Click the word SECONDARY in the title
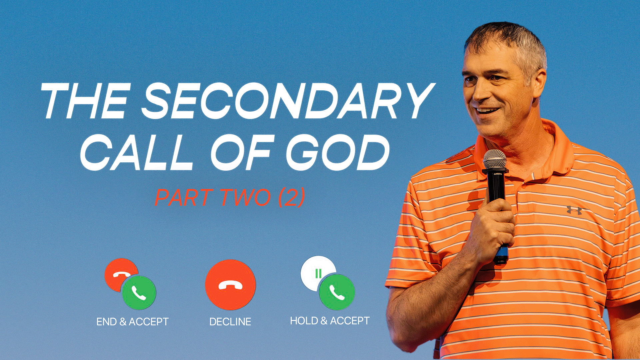click(x=289, y=101)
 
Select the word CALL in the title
click(x=137, y=152)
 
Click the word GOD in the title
click(x=338, y=152)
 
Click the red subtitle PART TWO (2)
click(x=230, y=197)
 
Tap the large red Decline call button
click(x=230, y=285)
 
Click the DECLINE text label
click(x=230, y=322)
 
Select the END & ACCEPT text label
click(x=132, y=322)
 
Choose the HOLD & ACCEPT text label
click(x=330, y=321)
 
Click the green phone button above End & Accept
click(x=139, y=293)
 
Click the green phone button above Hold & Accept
click(x=337, y=292)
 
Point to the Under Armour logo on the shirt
click(x=574, y=210)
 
